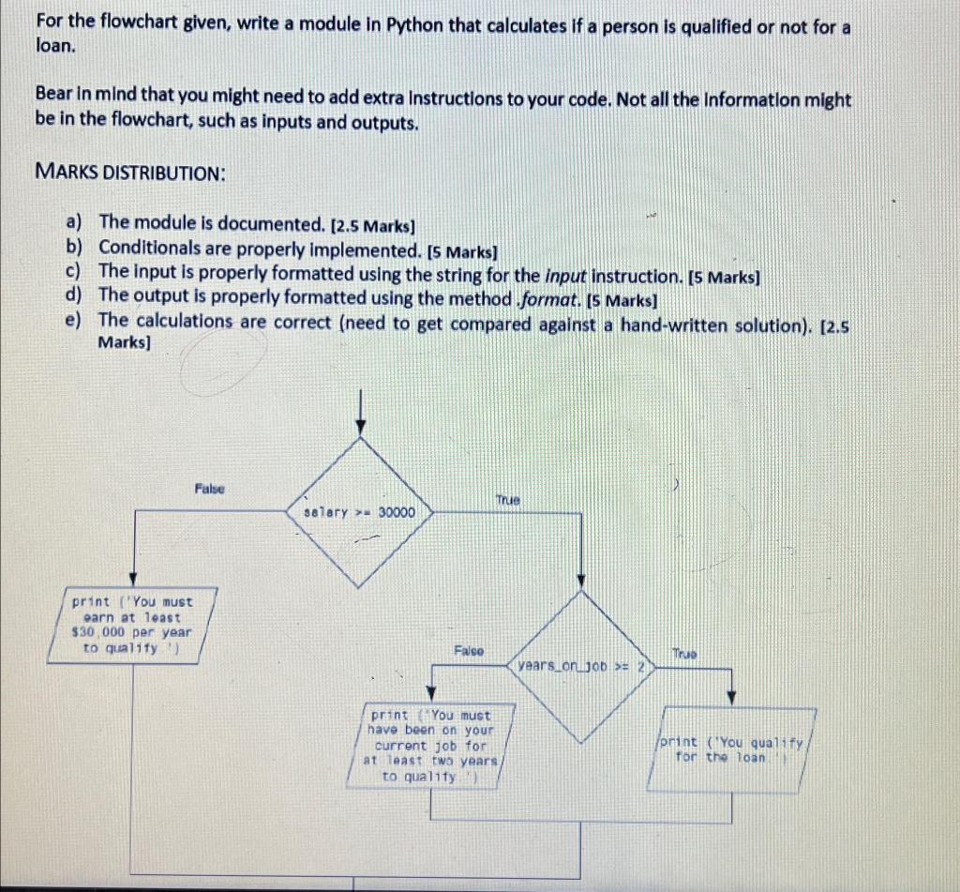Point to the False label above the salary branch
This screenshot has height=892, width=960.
pyautogui.click(x=209, y=489)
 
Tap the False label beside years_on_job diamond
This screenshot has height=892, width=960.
pyautogui.click(x=469, y=649)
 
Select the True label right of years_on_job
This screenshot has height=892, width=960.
pyautogui.click(x=684, y=653)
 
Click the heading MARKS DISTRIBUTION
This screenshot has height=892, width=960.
pyautogui.click(x=129, y=173)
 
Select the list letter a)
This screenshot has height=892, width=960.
pyautogui.click(x=74, y=222)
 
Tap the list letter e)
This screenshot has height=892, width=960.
pyautogui.click(x=74, y=320)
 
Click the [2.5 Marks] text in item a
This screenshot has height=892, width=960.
pyautogui.click(x=374, y=225)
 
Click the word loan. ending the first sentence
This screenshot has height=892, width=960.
pyautogui.click(x=53, y=47)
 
